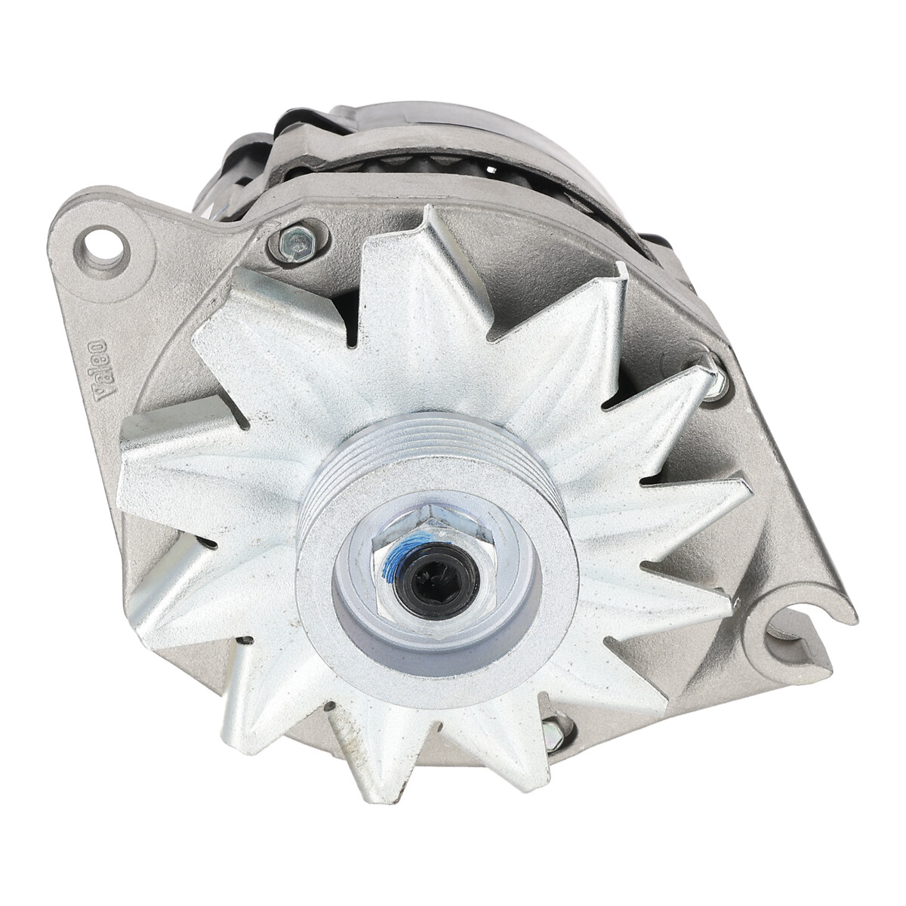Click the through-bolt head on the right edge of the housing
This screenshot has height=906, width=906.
[716, 374]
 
